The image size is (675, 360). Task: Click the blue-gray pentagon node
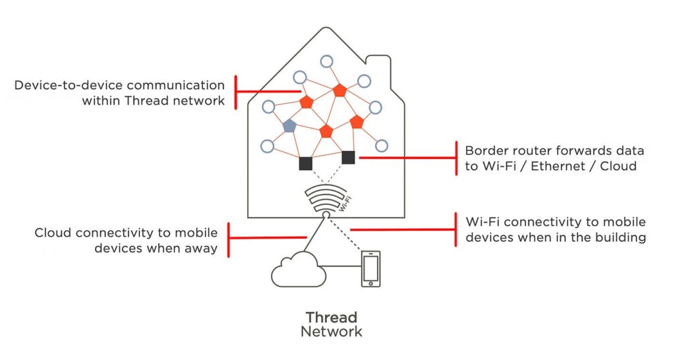tap(289, 125)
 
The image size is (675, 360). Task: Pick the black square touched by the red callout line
tap(348, 157)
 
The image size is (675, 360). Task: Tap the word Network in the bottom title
tap(331, 331)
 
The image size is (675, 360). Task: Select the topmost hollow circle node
tap(326, 61)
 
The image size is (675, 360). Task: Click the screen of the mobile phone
tap(370, 268)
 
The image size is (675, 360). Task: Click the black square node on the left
tap(305, 164)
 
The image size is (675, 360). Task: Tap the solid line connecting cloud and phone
tap(343, 266)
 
